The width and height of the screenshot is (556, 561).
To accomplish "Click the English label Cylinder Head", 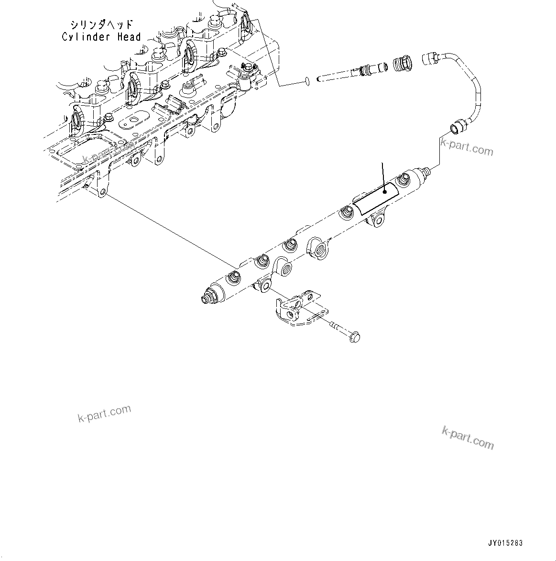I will tap(101, 37).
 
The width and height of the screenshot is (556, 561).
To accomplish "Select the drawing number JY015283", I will tap(505, 543).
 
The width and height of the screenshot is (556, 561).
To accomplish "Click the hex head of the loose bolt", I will tap(354, 337).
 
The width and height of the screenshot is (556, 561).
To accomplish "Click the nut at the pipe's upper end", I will tap(430, 58).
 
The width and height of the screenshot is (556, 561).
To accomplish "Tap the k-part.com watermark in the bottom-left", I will tap(104, 414).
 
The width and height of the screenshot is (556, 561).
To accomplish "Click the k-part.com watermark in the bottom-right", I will tap(468, 438).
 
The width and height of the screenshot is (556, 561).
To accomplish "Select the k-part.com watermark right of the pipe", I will tap(467, 147).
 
